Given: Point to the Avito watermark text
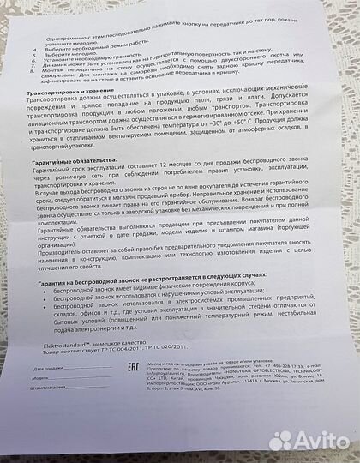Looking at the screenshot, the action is point(318,441).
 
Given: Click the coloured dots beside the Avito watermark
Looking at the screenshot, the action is point(280,441).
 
